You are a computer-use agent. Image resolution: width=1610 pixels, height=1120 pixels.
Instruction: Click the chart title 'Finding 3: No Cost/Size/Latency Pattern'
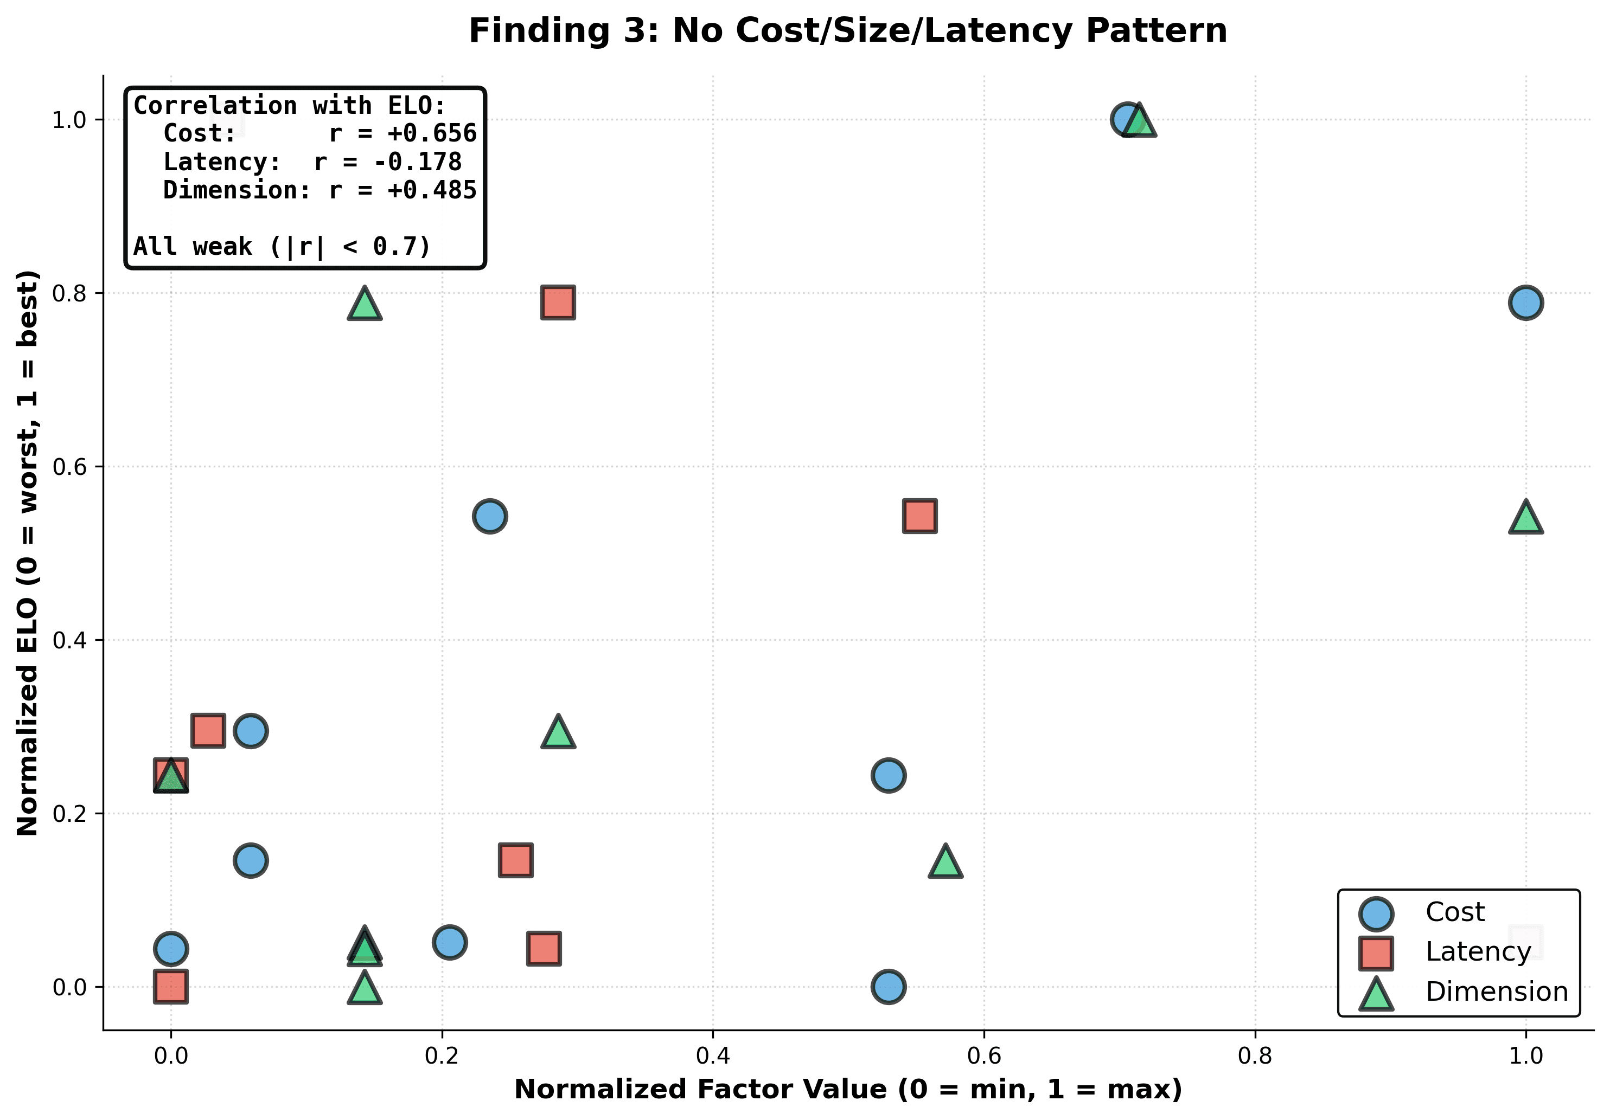(847, 31)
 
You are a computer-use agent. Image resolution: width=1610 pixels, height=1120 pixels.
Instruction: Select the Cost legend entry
(1454, 912)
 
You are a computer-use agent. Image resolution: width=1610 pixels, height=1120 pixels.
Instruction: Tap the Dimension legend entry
(1496, 992)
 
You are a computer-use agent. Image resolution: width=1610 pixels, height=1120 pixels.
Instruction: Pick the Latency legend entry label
(1478, 952)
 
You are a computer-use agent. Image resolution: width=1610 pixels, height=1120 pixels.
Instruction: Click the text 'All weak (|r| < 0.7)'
(282, 247)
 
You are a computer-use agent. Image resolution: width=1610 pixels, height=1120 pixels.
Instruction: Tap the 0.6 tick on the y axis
(69, 467)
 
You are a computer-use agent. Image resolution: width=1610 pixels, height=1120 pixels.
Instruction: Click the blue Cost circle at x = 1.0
(1525, 303)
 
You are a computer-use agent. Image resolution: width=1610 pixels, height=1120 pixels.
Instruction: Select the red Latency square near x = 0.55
(919, 517)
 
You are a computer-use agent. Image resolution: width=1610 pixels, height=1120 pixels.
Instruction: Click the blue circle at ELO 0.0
(888, 987)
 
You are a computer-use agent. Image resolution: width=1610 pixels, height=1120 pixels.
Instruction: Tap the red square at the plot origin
(170, 987)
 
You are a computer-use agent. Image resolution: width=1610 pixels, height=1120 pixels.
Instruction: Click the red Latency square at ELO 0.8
(558, 303)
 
